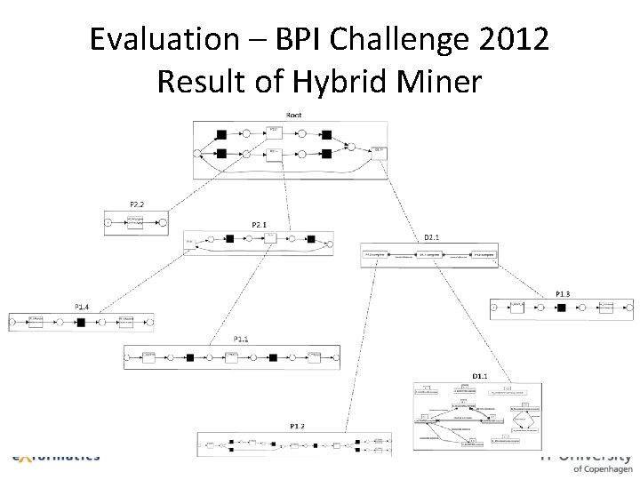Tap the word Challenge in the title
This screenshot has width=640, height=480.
(396, 40)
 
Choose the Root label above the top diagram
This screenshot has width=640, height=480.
(293, 115)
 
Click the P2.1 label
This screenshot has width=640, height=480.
(260, 224)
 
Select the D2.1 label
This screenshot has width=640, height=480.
(432, 236)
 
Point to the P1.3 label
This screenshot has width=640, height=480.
(564, 293)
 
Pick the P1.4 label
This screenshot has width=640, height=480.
(81, 307)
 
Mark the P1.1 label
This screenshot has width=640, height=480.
(241, 339)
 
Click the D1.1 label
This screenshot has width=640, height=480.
(479, 376)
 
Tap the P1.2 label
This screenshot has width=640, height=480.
(297, 426)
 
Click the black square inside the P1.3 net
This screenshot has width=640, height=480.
(561, 308)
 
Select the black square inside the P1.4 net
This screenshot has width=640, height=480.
(81, 320)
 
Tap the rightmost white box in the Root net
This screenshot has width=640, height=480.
(380, 151)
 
